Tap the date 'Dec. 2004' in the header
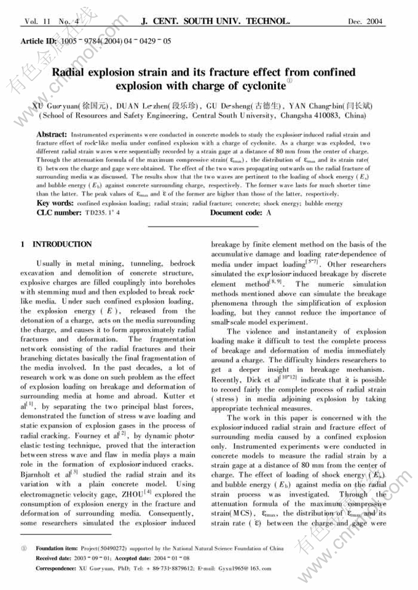tap(366, 22)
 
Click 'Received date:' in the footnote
tap(53, 558)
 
